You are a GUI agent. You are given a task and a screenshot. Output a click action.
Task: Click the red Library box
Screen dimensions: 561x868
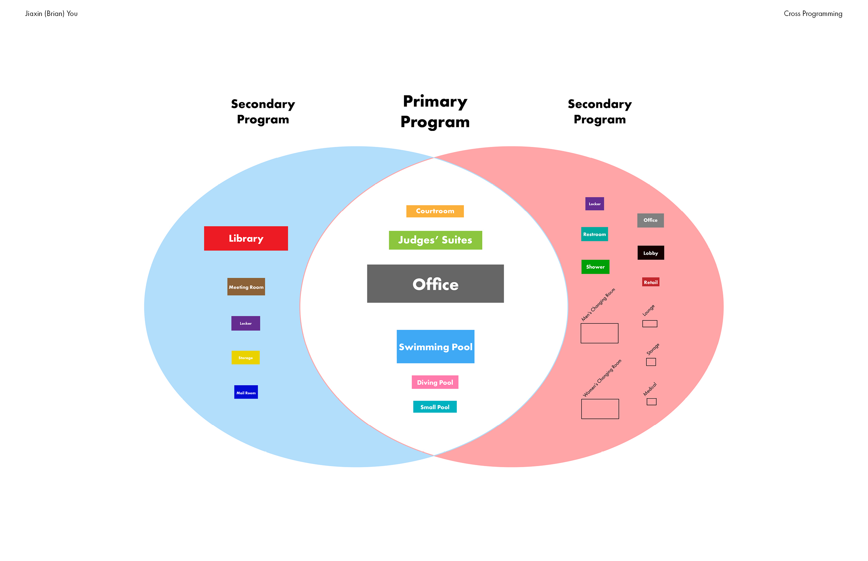246,238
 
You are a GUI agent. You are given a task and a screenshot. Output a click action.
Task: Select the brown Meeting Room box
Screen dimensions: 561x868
246,287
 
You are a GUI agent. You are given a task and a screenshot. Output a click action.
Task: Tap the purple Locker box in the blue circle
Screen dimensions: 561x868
245,323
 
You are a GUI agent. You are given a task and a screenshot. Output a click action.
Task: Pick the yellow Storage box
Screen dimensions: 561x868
245,357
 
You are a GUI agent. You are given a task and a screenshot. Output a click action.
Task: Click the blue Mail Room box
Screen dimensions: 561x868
246,392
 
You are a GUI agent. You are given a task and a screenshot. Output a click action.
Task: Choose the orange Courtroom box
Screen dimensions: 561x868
435,211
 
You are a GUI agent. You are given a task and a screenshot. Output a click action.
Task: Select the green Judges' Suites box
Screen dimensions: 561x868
435,240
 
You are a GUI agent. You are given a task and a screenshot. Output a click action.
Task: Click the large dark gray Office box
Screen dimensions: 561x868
435,284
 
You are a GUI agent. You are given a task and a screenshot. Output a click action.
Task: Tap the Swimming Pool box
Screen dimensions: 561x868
435,346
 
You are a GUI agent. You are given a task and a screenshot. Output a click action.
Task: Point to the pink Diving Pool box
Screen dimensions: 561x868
435,382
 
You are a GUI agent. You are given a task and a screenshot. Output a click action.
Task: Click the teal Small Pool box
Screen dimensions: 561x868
435,407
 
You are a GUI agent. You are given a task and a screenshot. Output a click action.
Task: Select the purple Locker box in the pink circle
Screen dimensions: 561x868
594,204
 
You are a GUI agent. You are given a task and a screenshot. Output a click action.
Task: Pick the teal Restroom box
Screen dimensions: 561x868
594,234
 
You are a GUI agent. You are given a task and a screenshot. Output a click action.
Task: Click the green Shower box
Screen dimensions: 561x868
595,267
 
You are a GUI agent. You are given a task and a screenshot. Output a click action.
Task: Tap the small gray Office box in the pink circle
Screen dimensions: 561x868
650,220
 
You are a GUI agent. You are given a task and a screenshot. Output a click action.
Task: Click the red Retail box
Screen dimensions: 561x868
650,282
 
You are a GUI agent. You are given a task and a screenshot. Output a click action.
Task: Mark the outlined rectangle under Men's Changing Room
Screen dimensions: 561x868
599,333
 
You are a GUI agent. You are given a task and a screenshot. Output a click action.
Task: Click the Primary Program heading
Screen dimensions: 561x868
435,112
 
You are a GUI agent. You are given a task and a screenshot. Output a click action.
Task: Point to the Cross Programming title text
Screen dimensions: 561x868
813,14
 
